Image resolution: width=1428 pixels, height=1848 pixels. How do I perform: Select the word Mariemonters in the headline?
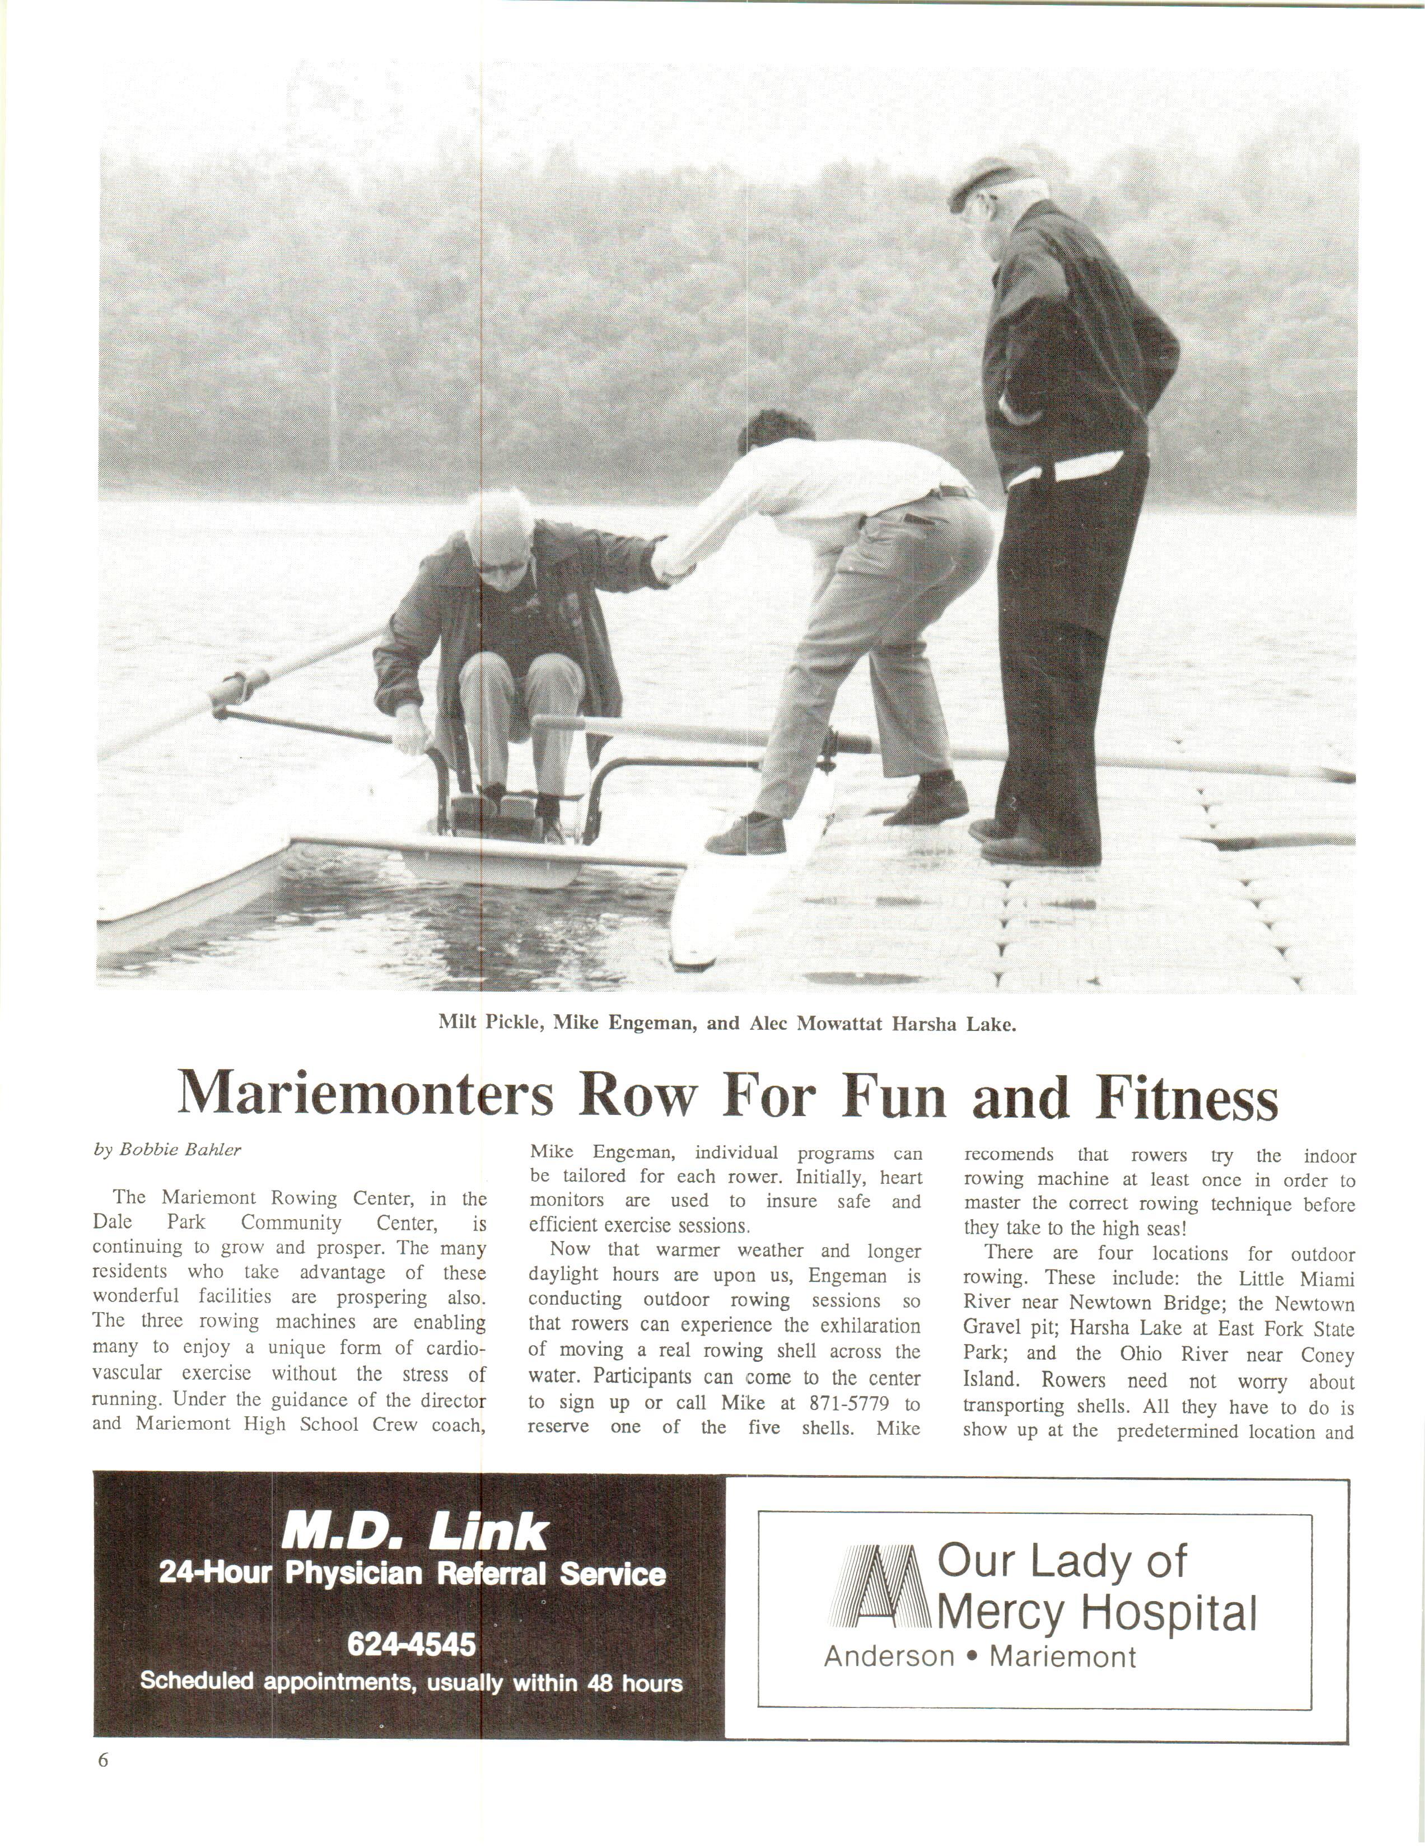point(366,1098)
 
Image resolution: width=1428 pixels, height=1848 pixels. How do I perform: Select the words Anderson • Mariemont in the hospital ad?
point(979,1656)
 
